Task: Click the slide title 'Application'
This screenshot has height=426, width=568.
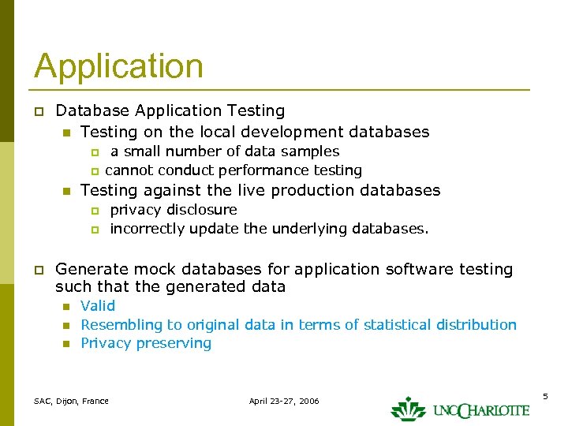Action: point(118,66)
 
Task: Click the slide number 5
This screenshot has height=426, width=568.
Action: point(545,394)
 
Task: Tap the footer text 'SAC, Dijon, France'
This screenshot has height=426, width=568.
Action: point(71,402)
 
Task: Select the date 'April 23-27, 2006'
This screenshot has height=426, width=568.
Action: point(284,402)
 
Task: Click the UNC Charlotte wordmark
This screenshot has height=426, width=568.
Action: point(480,410)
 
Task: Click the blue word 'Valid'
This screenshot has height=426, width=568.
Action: point(98,306)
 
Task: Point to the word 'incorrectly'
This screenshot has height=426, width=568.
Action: point(148,229)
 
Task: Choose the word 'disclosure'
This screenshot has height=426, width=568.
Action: point(202,210)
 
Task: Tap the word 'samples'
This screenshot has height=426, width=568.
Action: point(312,151)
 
